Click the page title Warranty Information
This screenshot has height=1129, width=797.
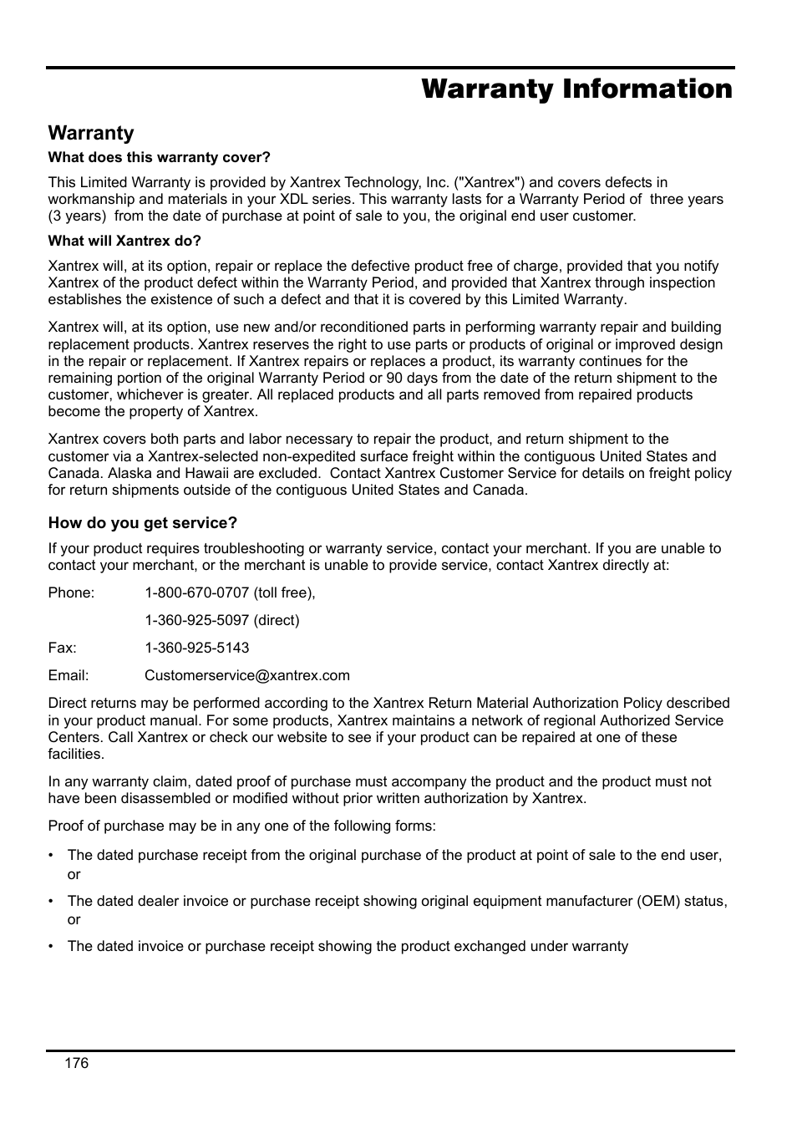pyautogui.click(x=576, y=89)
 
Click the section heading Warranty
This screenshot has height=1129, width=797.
pyautogui.click(x=90, y=133)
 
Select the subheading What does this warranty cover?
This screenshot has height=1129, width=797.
pyautogui.click(x=159, y=157)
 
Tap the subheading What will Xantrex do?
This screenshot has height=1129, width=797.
pyautogui.click(x=124, y=241)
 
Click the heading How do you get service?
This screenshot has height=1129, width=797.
pyautogui.click(x=142, y=523)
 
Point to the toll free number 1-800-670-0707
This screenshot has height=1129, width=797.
pyautogui.click(x=196, y=592)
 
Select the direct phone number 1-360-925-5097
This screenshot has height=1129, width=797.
pyautogui.click(x=196, y=620)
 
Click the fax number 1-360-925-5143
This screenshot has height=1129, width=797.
pyautogui.click(x=196, y=648)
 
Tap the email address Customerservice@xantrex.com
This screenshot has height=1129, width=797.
pyautogui.click(x=246, y=675)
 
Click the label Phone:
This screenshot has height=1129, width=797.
pyautogui.click(x=71, y=592)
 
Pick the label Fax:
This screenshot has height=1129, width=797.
pyautogui.click(x=62, y=648)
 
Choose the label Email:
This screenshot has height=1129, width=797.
pyautogui.click(x=68, y=675)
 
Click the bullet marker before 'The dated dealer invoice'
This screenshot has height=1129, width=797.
pyautogui.click(x=51, y=901)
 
